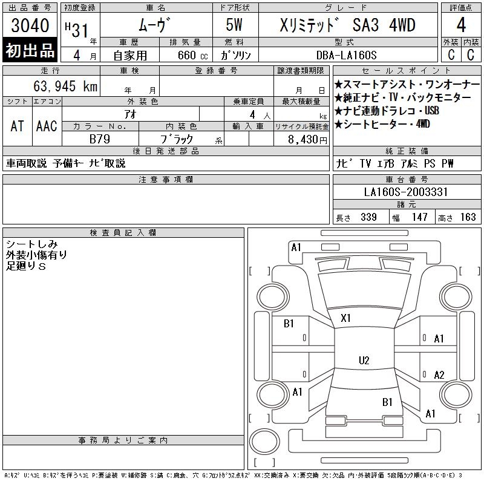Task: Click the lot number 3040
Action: pyautogui.click(x=30, y=25)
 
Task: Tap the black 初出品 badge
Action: pyautogui.click(x=30, y=50)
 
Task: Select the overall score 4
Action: pyautogui.click(x=461, y=25)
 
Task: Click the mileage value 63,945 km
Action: pyautogui.click(x=65, y=86)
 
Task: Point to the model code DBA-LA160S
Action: pyautogui.click(x=346, y=55)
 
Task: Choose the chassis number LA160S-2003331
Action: pyautogui.click(x=405, y=192)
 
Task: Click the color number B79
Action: pyautogui.click(x=100, y=139)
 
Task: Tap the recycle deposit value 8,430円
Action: pyautogui.click(x=307, y=140)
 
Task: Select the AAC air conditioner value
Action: pyautogui.click(x=47, y=126)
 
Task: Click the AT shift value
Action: pyautogui.click(x=18, y=126)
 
